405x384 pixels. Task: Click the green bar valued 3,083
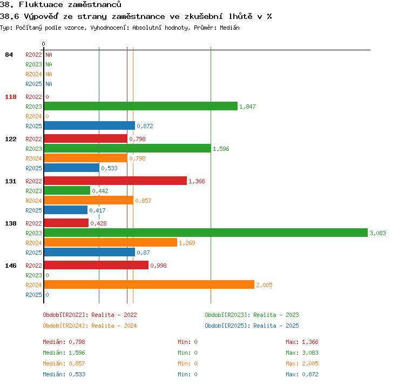tap(206, 233)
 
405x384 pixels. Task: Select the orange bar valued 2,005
tap(149, 284)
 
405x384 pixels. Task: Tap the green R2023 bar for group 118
tap(141, 106)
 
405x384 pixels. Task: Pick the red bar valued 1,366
tap(116, 181)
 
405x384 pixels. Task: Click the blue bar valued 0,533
tap(71, 168)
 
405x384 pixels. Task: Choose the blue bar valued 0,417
tap(65, 210)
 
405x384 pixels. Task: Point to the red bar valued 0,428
tap(66, 223)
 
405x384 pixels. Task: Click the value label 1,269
tap(187, 243)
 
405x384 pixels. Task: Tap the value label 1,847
tap(247, 107)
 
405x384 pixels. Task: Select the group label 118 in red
tap(11, 97)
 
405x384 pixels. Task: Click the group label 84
tap(9, 55)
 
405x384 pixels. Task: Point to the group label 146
tap(11, 266)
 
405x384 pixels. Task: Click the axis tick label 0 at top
tap(43, 44)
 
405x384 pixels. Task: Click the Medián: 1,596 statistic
tap(64, 353)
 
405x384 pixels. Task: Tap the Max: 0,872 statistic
tap(302, 374)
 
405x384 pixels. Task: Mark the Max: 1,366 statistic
tap(302, 342)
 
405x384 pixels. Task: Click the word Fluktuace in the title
tap(41, 4)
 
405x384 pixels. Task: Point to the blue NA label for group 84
tap(49, 84)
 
